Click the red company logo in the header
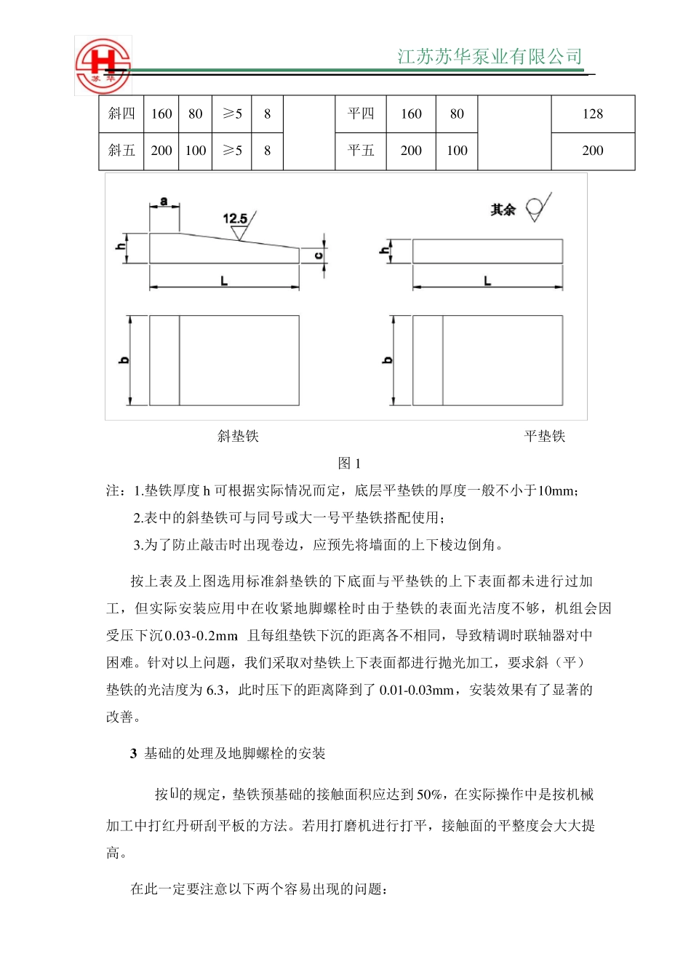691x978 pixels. pos(103,65)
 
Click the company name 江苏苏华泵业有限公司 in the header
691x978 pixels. pos(490,57)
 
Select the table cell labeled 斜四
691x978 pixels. pos(121,114)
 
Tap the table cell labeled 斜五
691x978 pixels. pos(121,151)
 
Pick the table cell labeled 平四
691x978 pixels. pos(360,114)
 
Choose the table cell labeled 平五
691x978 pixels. pos(360,151)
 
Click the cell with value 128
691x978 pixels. pos(592,114)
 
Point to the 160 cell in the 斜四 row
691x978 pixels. pos(161,114)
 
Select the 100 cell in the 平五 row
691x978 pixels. pos(457,151)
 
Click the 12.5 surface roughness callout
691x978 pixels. pos(235,218)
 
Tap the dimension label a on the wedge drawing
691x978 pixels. pos(164,201)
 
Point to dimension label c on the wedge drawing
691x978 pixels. pos(319,255)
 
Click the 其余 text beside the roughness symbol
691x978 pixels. pos(503,210)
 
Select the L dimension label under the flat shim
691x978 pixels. pos(487,280)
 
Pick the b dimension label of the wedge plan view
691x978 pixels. pos(124,360)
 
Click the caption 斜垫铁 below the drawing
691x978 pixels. pos(238,436)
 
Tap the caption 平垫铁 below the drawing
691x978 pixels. pos(544,436)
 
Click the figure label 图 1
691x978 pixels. pos(349,464)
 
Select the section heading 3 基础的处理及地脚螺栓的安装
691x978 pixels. pos(228,753)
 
